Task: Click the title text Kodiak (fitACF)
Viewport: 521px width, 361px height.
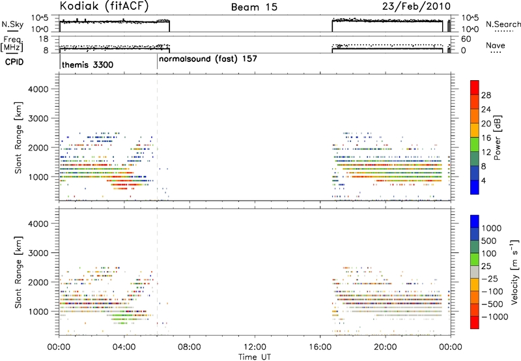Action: [x=104, y=6]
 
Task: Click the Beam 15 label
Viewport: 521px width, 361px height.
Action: [x=254, y=7]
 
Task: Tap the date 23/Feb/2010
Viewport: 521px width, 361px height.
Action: [x=416, y=6]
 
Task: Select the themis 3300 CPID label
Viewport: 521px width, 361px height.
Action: [x=88, y=65]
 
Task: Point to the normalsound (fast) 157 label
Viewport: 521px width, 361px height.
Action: [x=208, y=59]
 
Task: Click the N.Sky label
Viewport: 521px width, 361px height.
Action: [x=12, y=24]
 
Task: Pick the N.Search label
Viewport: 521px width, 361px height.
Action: [x=503, y=24]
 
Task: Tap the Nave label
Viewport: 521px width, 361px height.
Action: [x=496, y=46]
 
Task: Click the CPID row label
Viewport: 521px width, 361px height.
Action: [x=14, y=62]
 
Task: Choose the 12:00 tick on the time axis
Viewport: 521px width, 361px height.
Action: [x=255, y=347]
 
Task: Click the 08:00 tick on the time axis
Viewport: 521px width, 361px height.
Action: [x=190, y=347]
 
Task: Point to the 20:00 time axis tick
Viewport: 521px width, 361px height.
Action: [x=386, y=347]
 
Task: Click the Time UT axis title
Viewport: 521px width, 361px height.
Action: [x=255, y=357]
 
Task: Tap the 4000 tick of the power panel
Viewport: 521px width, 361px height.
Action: [x=38, y=89]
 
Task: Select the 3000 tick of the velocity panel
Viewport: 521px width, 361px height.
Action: [x=38, y=253]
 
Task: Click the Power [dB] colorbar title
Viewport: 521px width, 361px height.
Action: [x=498, y=137]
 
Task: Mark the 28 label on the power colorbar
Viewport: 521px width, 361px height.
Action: [x=486, y=95]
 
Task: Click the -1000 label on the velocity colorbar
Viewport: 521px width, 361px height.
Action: [x=494, y=317]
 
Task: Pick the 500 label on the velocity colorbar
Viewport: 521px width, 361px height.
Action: [x=488, y=241]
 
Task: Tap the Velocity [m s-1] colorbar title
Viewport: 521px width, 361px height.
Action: [x=514, y=272]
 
